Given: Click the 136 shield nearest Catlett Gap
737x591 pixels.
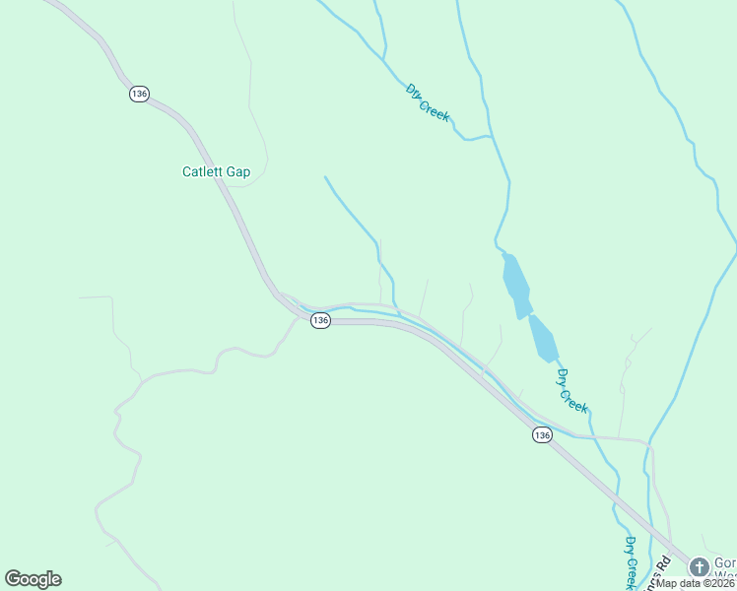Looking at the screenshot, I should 138,94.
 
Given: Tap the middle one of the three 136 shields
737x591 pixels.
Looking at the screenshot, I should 319,321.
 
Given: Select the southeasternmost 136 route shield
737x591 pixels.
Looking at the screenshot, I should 542,434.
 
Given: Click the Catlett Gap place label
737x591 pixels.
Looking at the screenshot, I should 216,171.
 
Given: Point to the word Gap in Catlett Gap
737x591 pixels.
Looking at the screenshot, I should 238,171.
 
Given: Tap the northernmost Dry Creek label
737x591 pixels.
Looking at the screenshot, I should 428,101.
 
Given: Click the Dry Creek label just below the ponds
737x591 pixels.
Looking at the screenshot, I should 572,390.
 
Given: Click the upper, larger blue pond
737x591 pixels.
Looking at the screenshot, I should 515,286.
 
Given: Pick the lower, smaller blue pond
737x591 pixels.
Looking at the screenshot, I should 544,340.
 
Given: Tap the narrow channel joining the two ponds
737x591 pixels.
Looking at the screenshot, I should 528,316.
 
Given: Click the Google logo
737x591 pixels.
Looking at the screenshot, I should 33,579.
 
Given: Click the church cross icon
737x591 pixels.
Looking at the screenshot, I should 699,566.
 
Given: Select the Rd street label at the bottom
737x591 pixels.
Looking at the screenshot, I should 664,567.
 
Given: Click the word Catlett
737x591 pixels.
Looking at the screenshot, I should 203,171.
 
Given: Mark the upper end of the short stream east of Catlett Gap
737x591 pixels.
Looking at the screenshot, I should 325,177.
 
